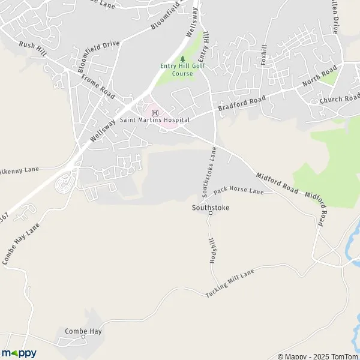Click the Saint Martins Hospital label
tap(155, 120)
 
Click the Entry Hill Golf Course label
tap(176, 70)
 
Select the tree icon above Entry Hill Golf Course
tap(182, 59)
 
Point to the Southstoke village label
tap(210, 208)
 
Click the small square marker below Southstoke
tap(211, 214)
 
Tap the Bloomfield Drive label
tap(100, 53)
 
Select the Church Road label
tap(340, 98)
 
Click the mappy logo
tap(19, 353)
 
